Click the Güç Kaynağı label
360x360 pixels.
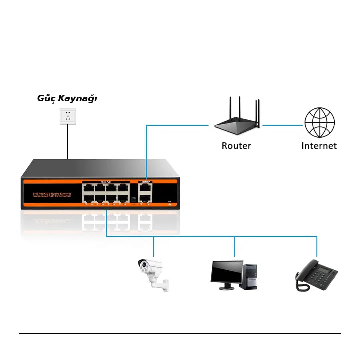(67, 99)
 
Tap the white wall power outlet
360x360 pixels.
(68, 116)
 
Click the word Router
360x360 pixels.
(236, 146)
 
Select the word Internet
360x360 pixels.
(319, 146)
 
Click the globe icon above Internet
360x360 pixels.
(319, 122)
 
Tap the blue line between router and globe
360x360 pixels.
(283, 125)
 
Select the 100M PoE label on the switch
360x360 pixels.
(106, 182)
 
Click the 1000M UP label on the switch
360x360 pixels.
(145, 182)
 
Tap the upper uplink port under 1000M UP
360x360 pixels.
(145, 188)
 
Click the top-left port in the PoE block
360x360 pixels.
(88, 188)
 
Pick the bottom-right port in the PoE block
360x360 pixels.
(123, 198)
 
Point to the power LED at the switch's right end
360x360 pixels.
(170, 204)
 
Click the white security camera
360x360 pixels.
(152, 272)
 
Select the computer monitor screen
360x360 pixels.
(227, 272)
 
